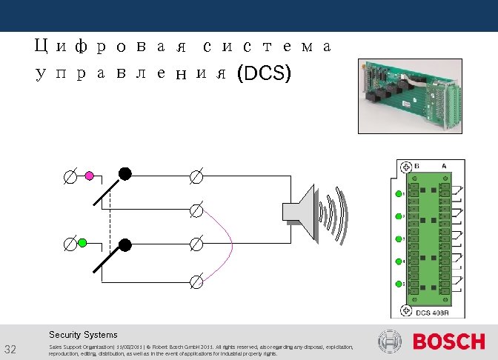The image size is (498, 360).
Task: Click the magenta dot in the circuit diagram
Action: coord(89,176)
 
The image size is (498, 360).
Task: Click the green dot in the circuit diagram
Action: coord(83,243)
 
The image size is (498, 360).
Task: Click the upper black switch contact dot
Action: coord(125,173)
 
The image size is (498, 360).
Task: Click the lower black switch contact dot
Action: coord(125,244)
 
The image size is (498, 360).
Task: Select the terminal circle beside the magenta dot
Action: coord(69,176)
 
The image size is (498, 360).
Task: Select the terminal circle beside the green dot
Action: coord(69,243)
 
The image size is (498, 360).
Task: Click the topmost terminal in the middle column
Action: coord(196,176)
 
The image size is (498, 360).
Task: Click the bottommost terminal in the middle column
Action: coord(196,281)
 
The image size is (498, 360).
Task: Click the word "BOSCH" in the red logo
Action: coord(448,342)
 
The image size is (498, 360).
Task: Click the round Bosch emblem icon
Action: coord(390,342)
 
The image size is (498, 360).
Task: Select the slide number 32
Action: coord(10,350)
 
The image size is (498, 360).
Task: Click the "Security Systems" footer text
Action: coord(83,335)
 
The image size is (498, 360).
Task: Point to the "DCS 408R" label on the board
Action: coord(434,312)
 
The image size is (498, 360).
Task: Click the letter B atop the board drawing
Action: coord(417,165)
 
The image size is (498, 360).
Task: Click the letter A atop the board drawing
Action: coord(443,165)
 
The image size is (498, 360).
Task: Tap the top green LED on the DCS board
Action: coord(398,194)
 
